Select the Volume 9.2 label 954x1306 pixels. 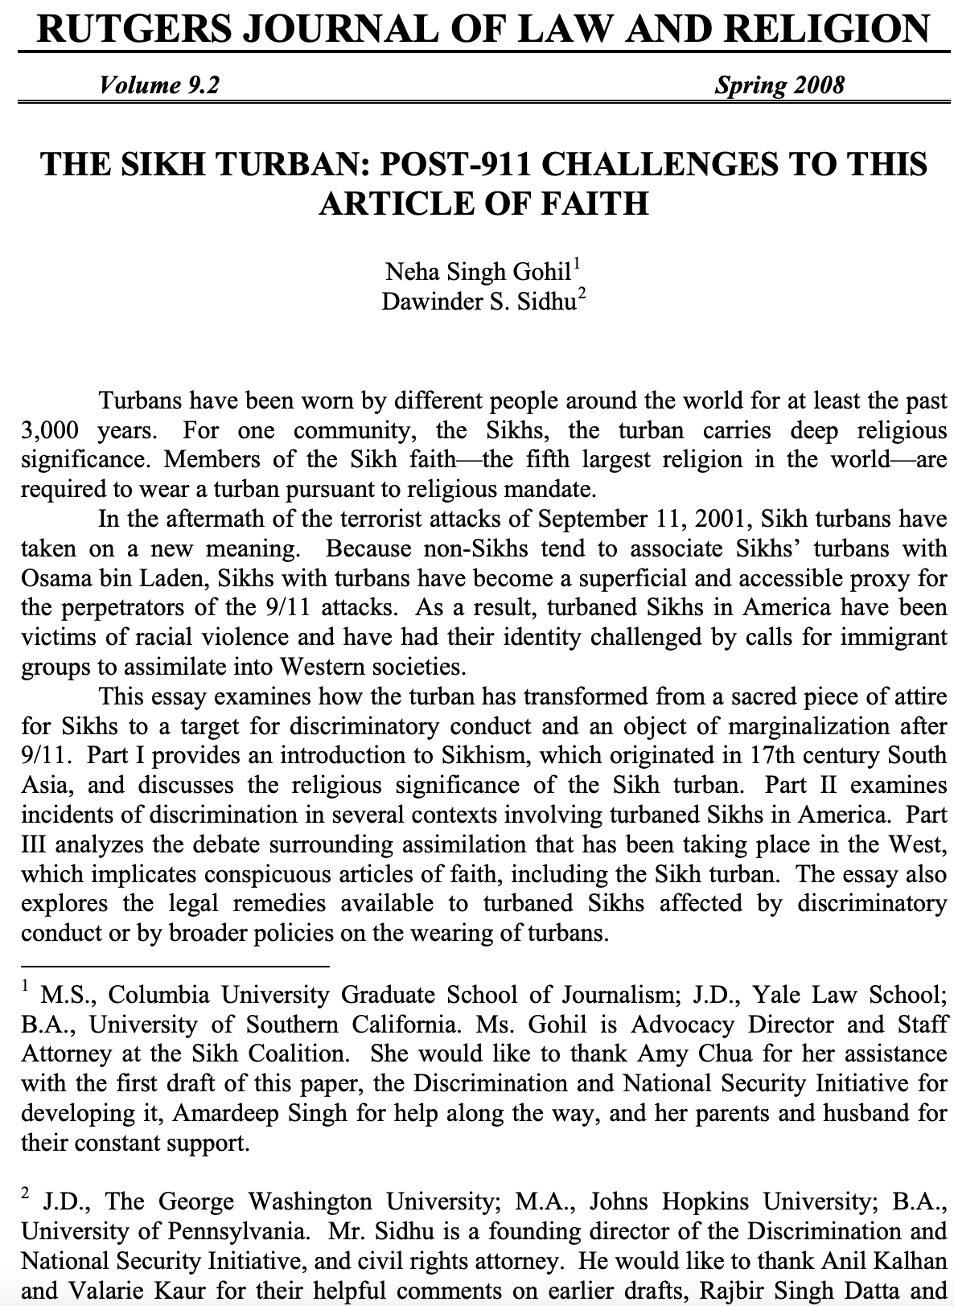(158, 85)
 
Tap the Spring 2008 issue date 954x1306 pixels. (779, 85)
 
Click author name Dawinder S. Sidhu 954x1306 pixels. (478, 303)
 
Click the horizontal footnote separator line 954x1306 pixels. (175, 966)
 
